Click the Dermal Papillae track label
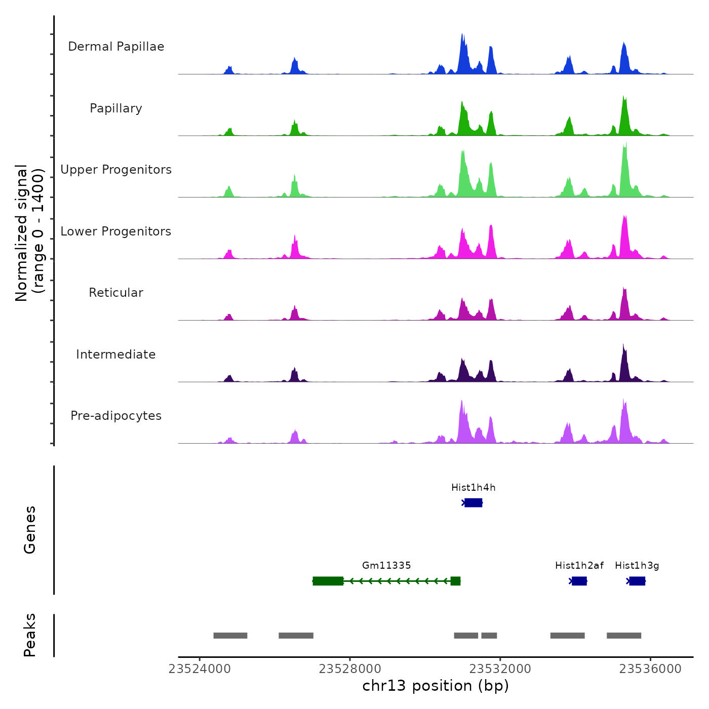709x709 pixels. pos(116,47)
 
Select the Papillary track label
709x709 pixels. pos(116,108)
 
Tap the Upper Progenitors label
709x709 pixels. pos(116,170)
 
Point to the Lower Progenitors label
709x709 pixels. pos(116,231)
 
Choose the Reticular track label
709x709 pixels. pos(116,293)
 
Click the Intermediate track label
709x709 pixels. pos(116,354)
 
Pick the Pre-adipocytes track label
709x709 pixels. pos(116,416)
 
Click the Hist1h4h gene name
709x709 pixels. pos(474,488)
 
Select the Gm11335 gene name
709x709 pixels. pos(386,566)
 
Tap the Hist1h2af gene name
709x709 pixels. pos(579,566)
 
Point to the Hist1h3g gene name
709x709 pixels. pos(637,566)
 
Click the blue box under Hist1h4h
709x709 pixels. pos(474,502)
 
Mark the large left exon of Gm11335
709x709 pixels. pos(328,581)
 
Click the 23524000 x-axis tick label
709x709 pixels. pos(200,669)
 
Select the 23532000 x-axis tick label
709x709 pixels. pos(500,669)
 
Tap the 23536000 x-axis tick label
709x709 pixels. pos(651,669)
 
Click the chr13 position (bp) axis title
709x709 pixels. pos(436,686)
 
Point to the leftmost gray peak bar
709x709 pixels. pos(230,636)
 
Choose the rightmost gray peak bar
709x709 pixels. pos(624,636)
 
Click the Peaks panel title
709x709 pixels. pos(30,635)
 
